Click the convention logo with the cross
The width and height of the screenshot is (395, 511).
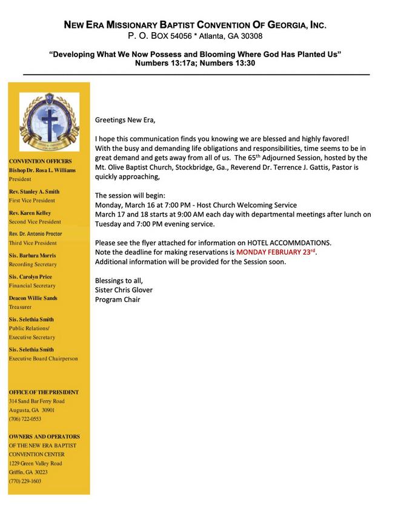point(49,121)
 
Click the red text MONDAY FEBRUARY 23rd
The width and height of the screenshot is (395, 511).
point(276,252)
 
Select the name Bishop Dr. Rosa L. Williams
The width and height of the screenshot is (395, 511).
point(42,170)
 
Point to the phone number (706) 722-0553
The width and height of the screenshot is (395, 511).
point(25,419)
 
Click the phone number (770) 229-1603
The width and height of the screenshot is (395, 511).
point(25,481)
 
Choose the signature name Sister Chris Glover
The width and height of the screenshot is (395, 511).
point(124,290)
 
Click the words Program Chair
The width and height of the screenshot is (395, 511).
point(118,299)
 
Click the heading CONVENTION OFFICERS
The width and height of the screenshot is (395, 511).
point(40,161)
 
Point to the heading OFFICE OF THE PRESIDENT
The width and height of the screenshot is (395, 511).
point(44,392)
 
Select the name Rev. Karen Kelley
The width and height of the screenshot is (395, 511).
point(30,213)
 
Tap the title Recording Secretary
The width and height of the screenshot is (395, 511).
point(33,264)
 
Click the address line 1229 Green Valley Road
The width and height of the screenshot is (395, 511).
point(35,463)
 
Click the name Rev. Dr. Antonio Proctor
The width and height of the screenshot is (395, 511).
point(35,234)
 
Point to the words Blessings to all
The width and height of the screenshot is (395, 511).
point(120,280)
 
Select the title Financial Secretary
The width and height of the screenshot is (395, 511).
point(32,286)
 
